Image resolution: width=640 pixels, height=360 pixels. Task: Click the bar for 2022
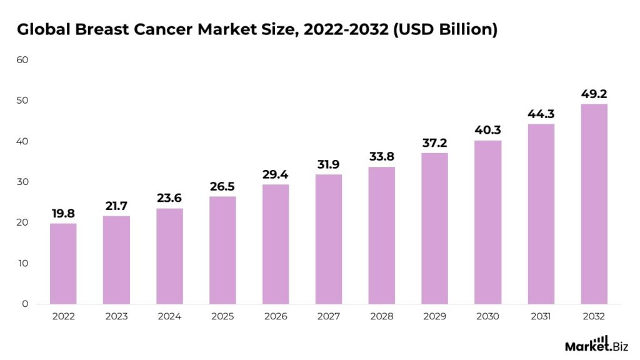coord(63,264)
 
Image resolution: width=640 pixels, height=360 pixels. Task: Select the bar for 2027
coord(329,239)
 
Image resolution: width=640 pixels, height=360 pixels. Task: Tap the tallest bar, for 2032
coord(594,204)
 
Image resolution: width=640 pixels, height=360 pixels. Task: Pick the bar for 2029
coord(435,228)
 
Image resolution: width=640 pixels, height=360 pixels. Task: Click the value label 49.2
coord(594,94)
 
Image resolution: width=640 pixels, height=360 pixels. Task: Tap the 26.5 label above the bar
coord(222,187)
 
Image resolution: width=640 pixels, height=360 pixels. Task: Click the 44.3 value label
coord(541,114)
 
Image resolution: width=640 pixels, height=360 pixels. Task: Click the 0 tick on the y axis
coord(25,304)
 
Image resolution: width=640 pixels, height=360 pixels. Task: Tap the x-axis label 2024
coord(169,317)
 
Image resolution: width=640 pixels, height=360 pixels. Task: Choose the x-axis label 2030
coord(487,317)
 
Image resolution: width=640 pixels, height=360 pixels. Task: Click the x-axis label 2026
coord(276,317)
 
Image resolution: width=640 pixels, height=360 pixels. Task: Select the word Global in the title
coord(42,29)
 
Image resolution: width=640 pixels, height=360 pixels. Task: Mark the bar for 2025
coord(222,250)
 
